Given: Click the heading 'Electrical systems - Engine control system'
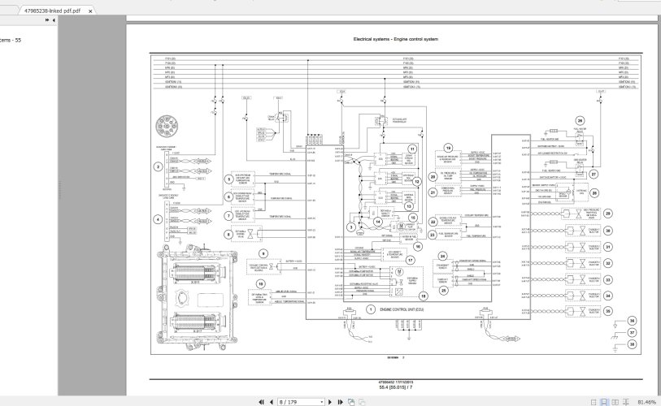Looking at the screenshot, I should (396, 39).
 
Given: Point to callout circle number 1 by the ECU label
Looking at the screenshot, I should (370, 309).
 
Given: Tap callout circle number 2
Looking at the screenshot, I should (158, 167).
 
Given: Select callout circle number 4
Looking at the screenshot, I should (158, 219).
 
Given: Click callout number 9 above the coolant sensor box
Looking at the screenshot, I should (263, 254).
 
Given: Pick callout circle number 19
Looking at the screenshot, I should (447, 148).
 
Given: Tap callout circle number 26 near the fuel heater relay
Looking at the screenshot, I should (580, 120).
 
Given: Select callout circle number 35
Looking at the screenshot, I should (609, 310).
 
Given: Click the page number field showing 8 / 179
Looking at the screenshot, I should (300, 401).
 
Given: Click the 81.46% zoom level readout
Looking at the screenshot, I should (647, 401).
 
